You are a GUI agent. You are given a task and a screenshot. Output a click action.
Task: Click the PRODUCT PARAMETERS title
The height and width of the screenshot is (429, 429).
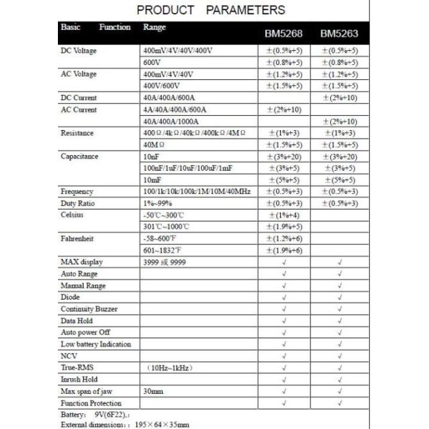click(x=210, y=10)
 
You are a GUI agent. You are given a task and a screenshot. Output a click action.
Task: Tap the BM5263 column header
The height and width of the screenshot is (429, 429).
click(x=339, y=34)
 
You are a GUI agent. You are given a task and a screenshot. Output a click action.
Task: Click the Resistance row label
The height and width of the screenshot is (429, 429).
click(x=77, y=133)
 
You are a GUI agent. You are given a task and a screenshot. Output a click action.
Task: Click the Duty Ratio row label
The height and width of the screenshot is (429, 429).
click(x=78, y=203)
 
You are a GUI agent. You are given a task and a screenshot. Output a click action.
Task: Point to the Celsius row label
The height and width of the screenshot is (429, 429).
click(x=72, y=214)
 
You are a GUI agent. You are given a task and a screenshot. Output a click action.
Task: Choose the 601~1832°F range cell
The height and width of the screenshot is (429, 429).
click(x=164, y=250)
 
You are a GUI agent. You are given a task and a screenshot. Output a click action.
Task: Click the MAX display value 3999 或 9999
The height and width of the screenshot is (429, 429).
click(x=166, y=262)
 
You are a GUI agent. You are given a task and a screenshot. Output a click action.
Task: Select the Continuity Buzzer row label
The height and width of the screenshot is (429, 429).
click(x=89, y=309)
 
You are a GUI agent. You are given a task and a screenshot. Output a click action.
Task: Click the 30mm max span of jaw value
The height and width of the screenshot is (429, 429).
click(x=154, y=391)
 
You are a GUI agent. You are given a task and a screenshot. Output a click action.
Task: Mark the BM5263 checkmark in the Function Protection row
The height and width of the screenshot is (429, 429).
click(x=340, y=403)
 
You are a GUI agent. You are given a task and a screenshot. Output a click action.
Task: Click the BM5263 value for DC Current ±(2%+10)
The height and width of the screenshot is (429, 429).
click(x=340, y=98)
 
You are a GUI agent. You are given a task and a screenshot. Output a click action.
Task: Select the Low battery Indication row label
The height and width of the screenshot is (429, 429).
click(x=96, y=344)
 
